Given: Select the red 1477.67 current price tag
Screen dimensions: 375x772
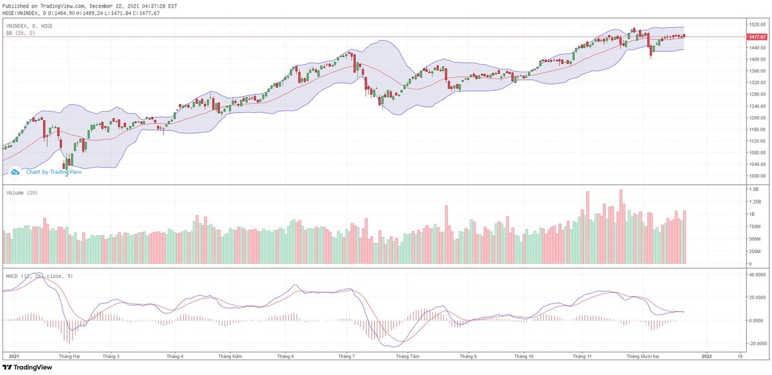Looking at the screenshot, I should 757,37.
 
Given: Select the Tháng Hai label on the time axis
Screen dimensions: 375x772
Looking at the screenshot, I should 69,355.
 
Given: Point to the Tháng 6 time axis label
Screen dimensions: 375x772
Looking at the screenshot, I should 285,355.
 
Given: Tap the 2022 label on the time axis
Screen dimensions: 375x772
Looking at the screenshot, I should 706,355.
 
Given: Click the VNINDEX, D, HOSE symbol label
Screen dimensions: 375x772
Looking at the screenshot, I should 30,26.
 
